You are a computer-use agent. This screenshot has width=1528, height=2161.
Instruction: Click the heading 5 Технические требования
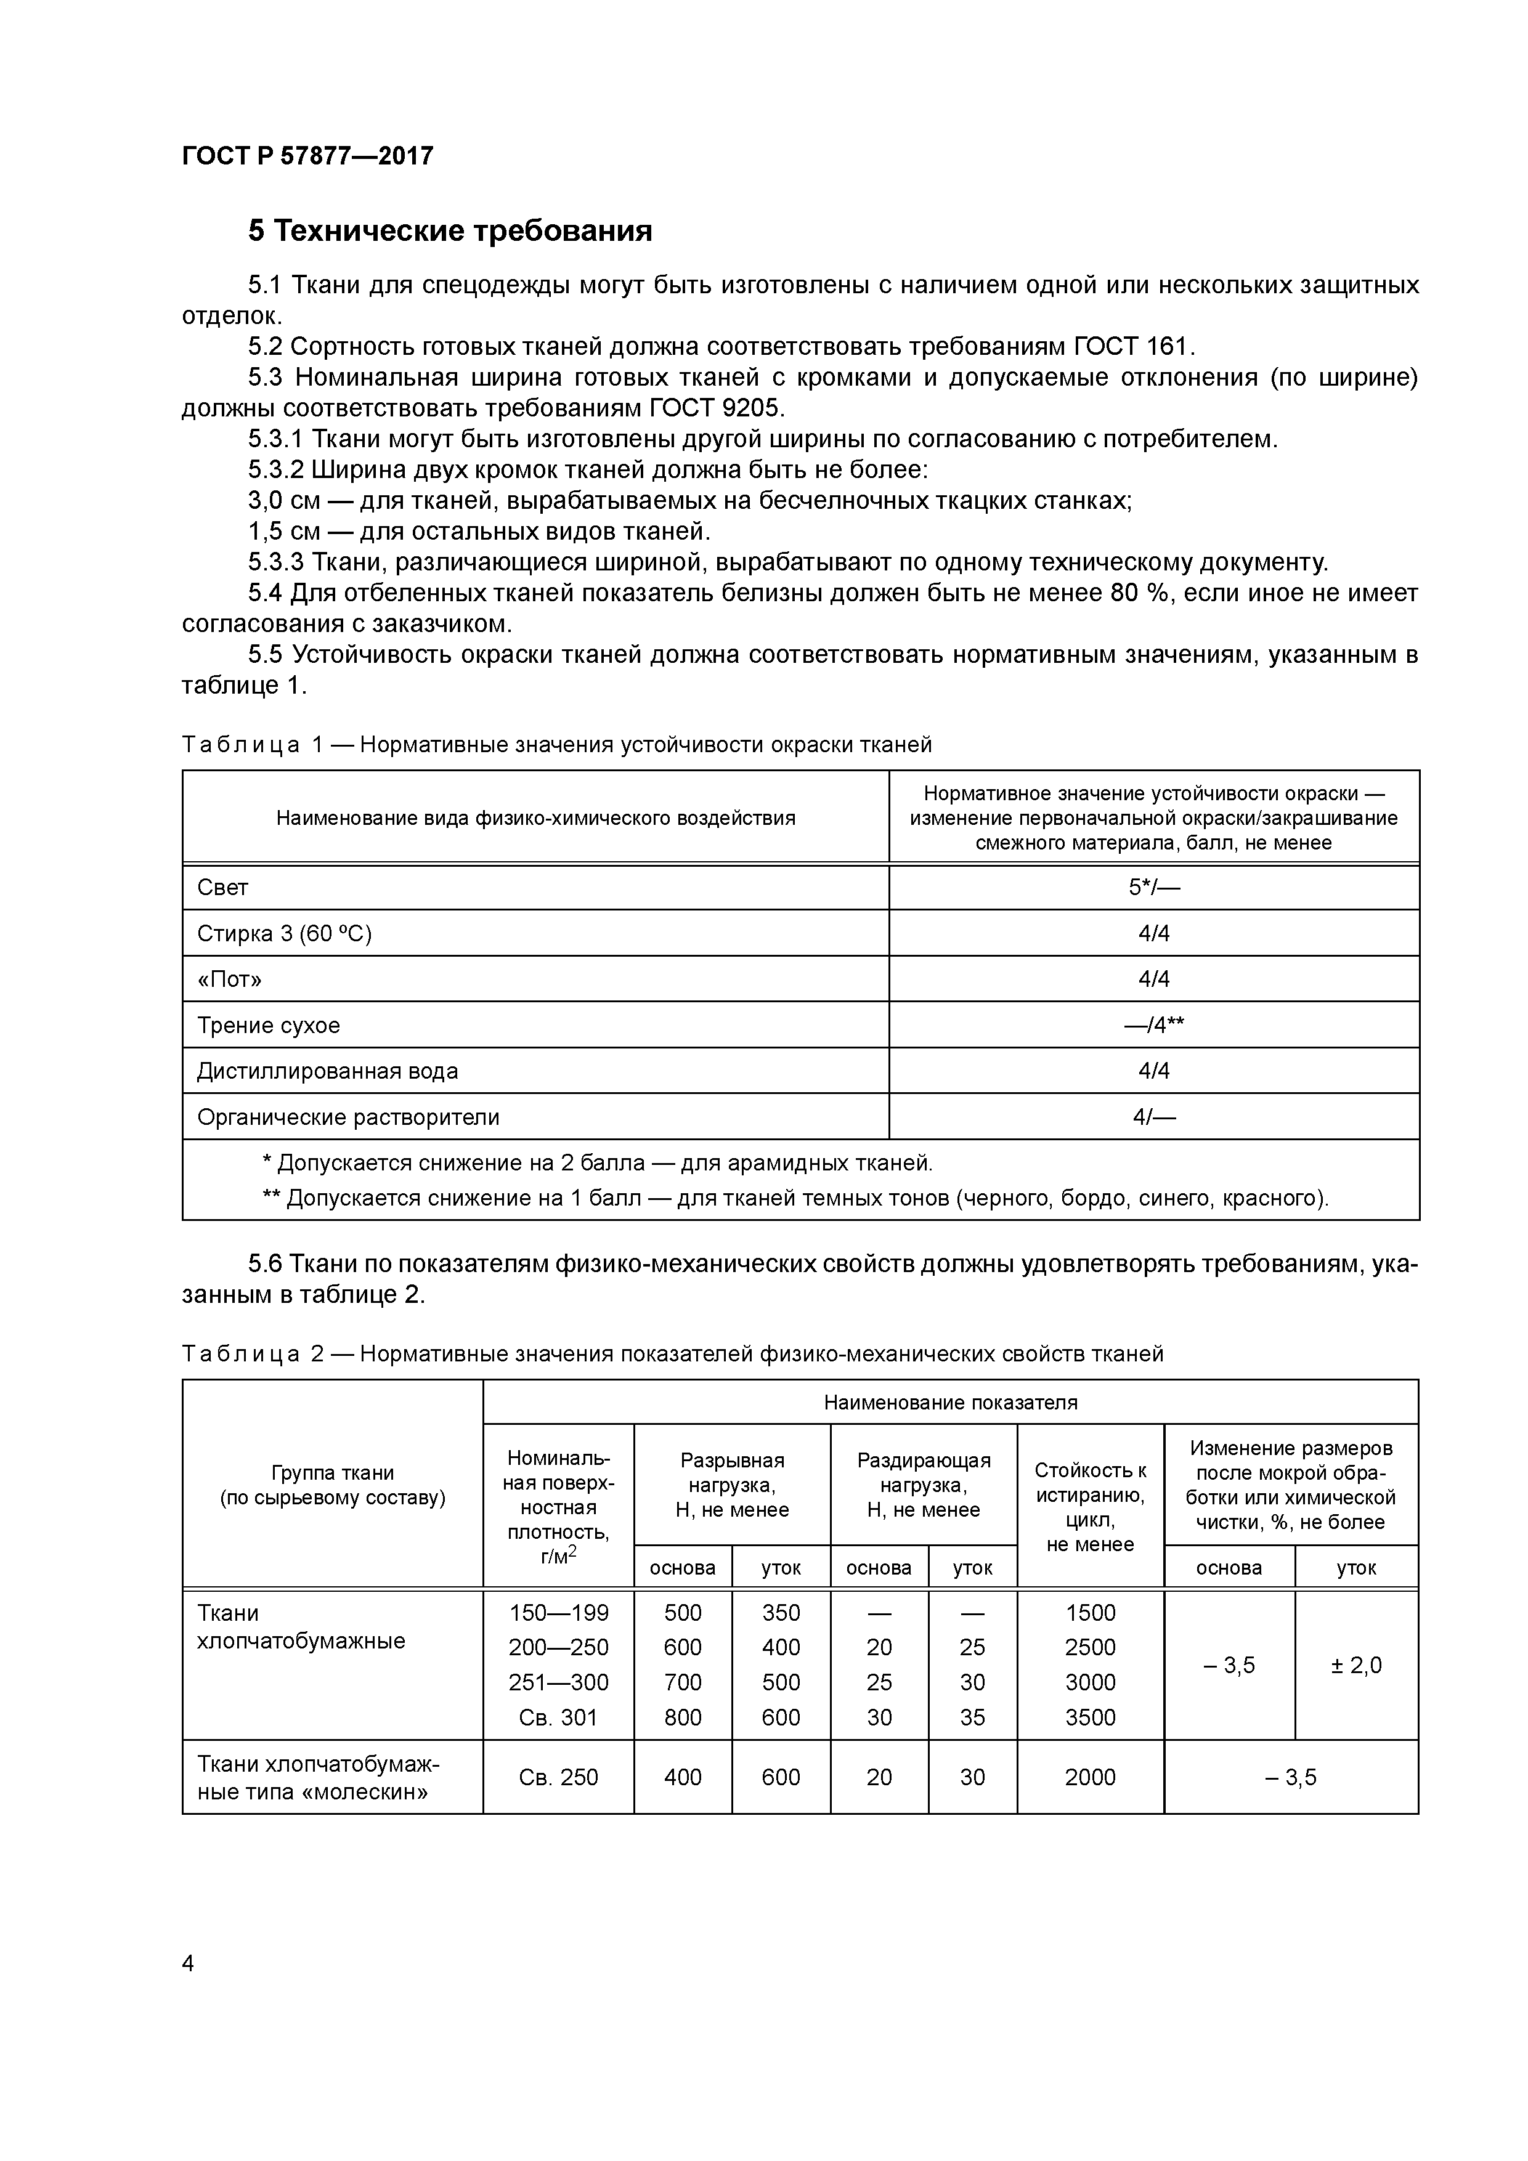(450, 230)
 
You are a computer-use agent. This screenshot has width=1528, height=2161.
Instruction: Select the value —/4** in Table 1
(1153, 1025)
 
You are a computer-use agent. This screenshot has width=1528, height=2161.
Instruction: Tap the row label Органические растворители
(348, 1117)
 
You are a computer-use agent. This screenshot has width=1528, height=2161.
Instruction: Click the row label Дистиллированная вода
(328, 1071)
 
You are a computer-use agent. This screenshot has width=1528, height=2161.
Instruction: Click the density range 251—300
(558, 1682)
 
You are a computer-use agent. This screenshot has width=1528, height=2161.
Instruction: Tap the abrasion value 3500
(1090, 1717)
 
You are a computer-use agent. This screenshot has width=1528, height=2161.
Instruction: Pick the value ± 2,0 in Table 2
(1355, 1665)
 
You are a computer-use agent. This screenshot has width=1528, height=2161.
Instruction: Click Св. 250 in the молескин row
(558, 1777)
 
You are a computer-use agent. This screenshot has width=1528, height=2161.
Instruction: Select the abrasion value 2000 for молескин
(1090, 1777)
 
